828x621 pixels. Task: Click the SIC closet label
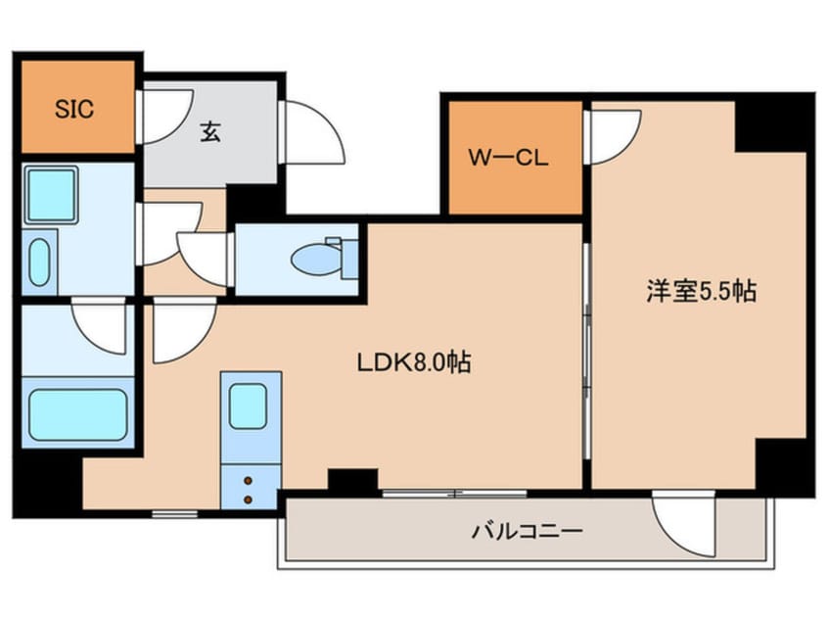tap(74, 109)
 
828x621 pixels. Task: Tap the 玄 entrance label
tap(210, 130)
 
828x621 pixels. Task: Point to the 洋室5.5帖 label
tap(700, 291)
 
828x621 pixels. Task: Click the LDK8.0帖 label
tap(413, 363)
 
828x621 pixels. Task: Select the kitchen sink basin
tap(251, 404)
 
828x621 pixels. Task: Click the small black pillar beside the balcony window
tap(352, 480)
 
